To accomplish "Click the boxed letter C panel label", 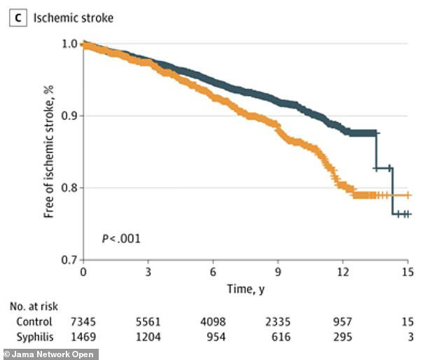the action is (18, 18).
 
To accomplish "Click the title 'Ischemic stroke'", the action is (74, 18).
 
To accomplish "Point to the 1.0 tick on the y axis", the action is (69, 44).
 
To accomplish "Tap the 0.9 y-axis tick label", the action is (69, 116).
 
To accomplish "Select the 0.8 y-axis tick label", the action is (69, 188).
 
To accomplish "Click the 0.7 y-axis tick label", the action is (69, 260).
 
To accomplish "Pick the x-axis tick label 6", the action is (213, 272).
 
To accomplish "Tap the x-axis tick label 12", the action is (343, 272).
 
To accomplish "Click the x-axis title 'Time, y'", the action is (246, 289).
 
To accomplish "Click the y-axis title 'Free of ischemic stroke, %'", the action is (49, 152).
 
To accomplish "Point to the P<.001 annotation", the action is (121, 239).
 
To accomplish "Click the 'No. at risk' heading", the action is (34, 307).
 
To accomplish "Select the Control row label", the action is (34, 321).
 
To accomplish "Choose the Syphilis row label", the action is (35, 337).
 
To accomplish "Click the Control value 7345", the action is (83, 321).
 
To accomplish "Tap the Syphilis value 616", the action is (281, 337).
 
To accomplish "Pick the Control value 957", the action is (342, 321).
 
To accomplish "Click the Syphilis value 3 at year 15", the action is (411, 337).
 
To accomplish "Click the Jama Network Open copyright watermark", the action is (49, 354).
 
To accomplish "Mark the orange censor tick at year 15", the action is (408, 195).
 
